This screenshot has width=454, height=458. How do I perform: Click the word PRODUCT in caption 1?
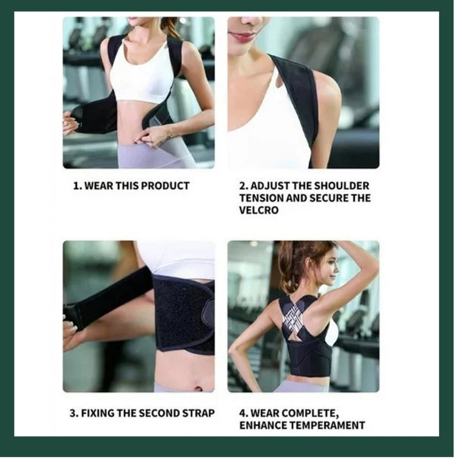coord(165,186)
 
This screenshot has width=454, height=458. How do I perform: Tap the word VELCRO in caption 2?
coord(259,210)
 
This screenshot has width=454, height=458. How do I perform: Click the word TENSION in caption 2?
coord(261,198)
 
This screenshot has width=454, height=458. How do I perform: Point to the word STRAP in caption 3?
coord(199,413)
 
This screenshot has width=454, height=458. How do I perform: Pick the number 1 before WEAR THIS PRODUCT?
coord(76,186)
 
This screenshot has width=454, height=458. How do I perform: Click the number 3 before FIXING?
coord(73,413)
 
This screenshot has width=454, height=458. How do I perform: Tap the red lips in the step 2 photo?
coord(243,36)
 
